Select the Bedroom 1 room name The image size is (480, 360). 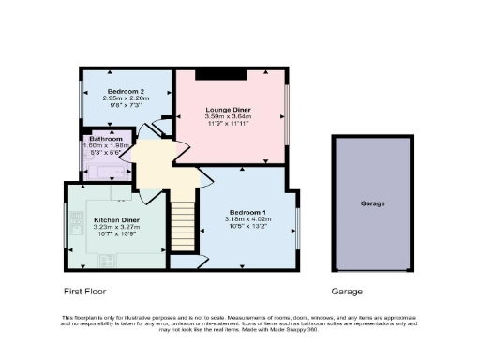[246, 211]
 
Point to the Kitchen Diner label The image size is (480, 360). [116, 220]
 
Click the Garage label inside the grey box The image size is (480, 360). [373, 203]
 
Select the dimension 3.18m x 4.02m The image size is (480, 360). [246, 218]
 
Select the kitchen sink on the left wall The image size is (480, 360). [74, 223]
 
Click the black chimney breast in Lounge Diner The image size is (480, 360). [227, 74]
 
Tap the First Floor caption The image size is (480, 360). [87, 291]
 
